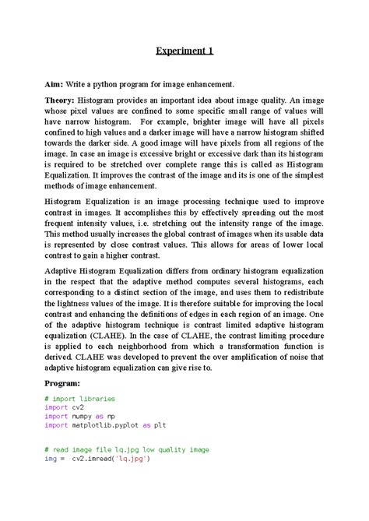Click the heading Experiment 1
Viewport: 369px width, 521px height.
(183, 51)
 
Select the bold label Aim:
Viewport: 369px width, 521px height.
(58, 82)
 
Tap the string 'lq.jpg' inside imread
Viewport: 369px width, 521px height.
(128, 459)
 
